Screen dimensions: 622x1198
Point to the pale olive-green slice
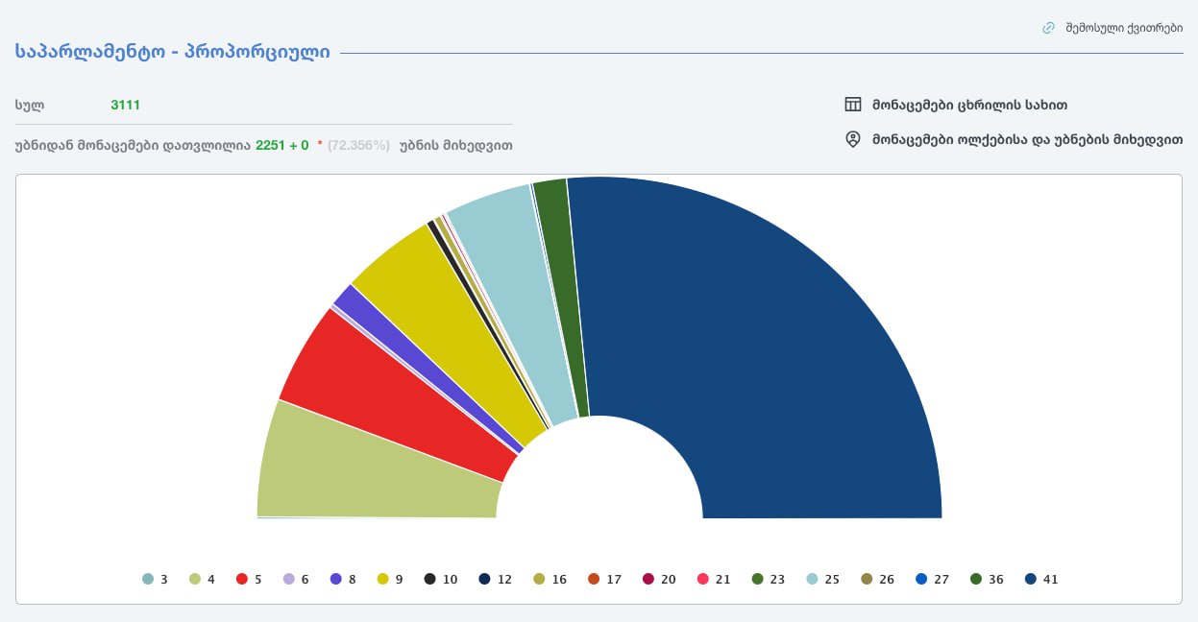click(x=375, y=470)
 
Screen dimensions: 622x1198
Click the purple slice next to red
click(x=423, y=365)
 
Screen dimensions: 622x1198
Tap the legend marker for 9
click(x=383, y=579)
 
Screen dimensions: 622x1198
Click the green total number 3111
click(x=125, y=105)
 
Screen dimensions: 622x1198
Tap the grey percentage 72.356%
click(x=358, y=145)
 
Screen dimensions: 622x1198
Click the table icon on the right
click(x=852, y=105)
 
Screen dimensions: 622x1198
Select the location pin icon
click(x=852, y=139)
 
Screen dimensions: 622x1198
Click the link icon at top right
click(x=1048, y=28)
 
